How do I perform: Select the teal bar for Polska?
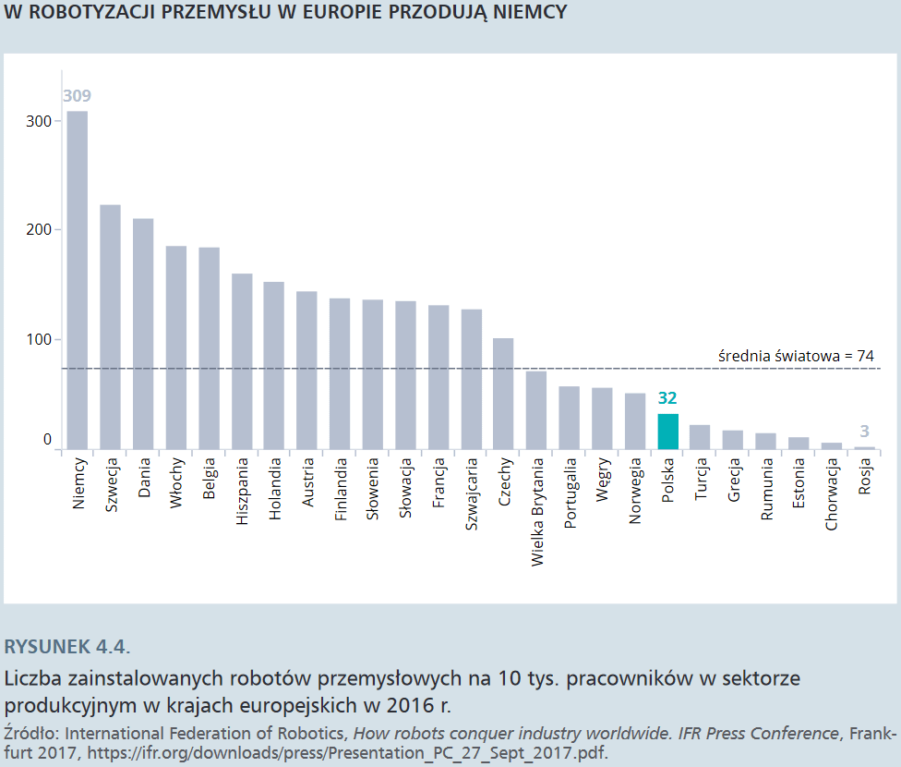(667, 432)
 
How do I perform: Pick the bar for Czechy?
(504, 394)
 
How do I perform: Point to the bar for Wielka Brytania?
(536, 409)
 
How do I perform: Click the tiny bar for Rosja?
(865, 448)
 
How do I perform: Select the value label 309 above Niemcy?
(77, 96)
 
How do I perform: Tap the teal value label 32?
(667, 398)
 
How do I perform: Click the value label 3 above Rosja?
(865, 431)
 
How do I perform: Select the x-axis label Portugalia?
(571, 492)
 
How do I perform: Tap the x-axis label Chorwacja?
(833, 494)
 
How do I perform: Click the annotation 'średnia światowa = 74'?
(796, 355)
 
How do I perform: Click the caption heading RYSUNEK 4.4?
(67, 645)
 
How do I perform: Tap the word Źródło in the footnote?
(30, 734)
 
